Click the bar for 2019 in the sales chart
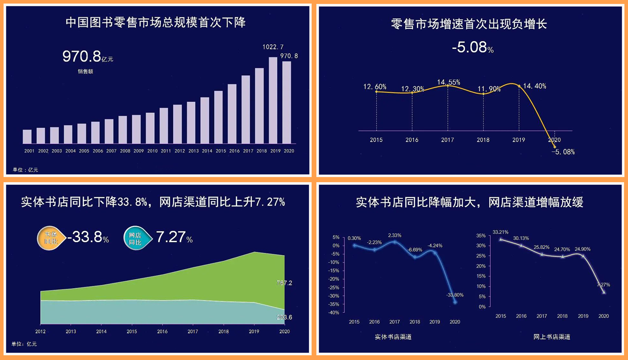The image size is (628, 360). [x=273, y=100]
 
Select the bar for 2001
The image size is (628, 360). [x=27, y=136]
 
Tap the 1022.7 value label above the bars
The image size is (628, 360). [x=273, y=47]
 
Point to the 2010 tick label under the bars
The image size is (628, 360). [x=152, y=151]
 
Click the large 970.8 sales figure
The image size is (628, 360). [x=82, y=56]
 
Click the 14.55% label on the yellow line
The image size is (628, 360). [x=449, y=82]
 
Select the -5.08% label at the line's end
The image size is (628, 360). [x=563, y=152]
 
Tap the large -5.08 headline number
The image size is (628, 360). [x=469, y=47]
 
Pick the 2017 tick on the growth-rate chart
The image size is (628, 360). [x=447, y=140]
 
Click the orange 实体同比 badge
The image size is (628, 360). [x=50, y=238]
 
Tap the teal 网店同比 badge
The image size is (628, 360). [x=136, y=239]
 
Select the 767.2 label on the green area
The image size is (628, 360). [x=284, y=283]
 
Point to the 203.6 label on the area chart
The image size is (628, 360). [x=284, y=317]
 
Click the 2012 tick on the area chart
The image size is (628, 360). [x=40, y=332]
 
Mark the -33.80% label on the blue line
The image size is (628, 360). [x=455, y=295]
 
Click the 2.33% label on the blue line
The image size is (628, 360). [x=394, y=235]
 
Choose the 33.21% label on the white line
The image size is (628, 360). [x=501, y=232]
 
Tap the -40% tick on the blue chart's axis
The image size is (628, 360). [x=334, y=313]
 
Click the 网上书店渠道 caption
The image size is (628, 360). [x=551, y=337]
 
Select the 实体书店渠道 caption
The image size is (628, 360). [x=393, y=337]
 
